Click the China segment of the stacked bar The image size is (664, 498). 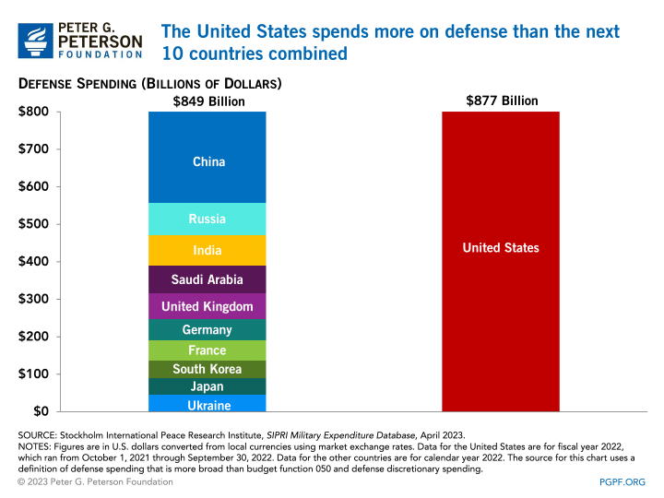coord(207,161)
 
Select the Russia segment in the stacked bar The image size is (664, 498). coord(207,219)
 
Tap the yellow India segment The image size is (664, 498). coord(207,250)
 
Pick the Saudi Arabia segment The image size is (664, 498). coord(207,279)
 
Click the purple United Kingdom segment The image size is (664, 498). coord(207,306)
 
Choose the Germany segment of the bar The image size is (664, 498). coord(207,330)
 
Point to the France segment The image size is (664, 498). coord(207,350)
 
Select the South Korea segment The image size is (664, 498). coord(207,369)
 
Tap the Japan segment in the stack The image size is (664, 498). coord(207,386)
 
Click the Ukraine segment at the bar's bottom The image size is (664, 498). coord(207,404)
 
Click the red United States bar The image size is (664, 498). coord(501,261)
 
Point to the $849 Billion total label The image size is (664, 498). coord(209,101)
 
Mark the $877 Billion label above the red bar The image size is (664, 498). coord(502,101)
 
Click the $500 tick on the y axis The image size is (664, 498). coord(35,224)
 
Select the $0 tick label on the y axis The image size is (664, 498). coord(41,411)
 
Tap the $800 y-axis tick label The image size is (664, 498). coord(35,113)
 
